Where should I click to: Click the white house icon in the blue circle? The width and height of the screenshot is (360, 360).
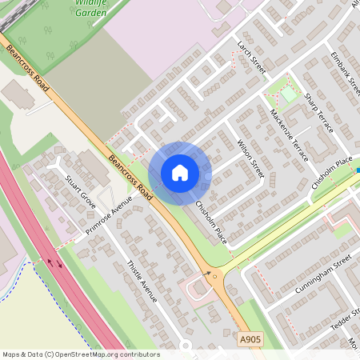tap(180, 173)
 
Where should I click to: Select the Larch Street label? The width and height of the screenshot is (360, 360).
tap(250, 58)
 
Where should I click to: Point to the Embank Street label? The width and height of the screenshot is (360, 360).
tap(346, 70)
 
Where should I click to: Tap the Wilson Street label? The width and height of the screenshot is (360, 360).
tap(250, 158)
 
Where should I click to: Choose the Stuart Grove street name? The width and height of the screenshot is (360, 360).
tap(81, 191)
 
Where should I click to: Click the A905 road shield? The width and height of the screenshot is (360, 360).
tap(250, 341)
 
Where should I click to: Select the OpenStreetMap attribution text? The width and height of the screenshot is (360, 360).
tap(80, 354)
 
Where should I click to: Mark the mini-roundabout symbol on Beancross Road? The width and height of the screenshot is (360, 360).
tap(214, 274)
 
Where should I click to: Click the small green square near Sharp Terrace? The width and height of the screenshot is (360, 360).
tap(288, 94)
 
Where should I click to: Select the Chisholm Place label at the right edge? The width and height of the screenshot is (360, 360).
tap(332, 172)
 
